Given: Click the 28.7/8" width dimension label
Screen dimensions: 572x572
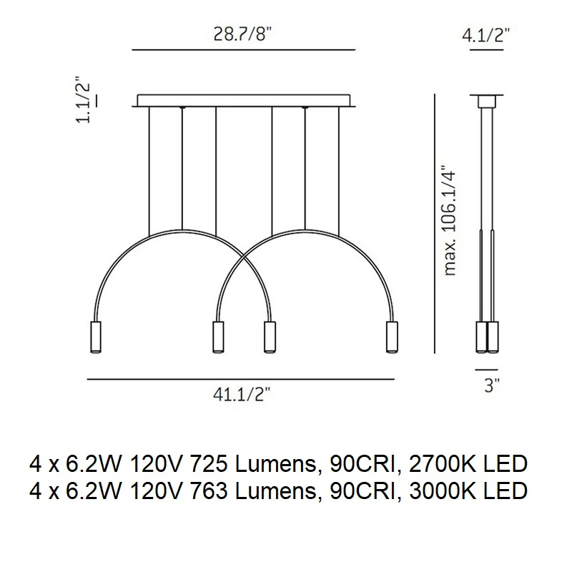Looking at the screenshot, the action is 242,34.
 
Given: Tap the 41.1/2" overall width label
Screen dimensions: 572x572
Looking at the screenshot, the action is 242,394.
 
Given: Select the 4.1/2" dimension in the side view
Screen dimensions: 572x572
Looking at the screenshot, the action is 486,35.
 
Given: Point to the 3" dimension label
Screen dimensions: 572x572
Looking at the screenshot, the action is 492,385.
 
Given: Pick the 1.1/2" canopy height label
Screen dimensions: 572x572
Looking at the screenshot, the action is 83,99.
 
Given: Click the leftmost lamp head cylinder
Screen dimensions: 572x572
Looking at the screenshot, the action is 95,337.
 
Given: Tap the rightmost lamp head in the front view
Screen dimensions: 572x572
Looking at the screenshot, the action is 392,337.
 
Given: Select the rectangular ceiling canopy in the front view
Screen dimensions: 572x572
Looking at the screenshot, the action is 244,101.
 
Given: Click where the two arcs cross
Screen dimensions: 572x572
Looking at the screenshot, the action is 244,255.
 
